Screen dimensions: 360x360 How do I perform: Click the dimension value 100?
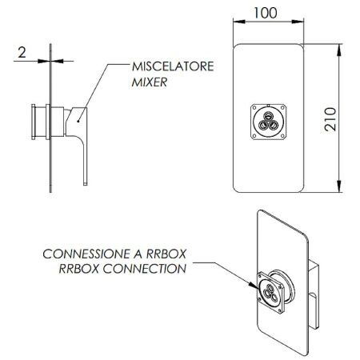pyautogui.click(x=266, y=13)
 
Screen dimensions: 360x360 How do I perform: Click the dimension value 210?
pyautogui.click(x=330, y=119)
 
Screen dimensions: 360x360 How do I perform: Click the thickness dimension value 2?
pyautogui.click(x=22, y=52)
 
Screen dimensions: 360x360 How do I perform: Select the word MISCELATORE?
pyautogui.click(x=173, y=66)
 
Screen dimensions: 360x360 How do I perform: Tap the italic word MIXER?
pyautogui.click(x=150, y=82)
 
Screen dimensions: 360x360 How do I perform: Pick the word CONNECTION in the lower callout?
pyautogui.click(x=145, y=269)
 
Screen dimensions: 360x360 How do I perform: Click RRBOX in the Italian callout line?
pyautogui.click(x=166, y=254)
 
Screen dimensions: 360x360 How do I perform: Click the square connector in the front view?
pyautogui.click(x=269, y=122)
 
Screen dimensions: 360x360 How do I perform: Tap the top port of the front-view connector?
pyautogui.click(x=268, y=116)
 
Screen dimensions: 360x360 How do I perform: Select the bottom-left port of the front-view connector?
pyautogui.click(x=264, y=125)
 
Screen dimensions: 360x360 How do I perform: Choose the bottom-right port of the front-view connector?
pyautogui.click(x=274, y=125)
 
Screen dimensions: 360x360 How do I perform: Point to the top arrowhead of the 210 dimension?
pyautogui.click(x=339, y=50)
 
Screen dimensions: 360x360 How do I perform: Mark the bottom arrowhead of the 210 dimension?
pyautogui.click(x=339, y=186)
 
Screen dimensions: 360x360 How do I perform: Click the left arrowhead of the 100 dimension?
pyautogui.click(x=239, y=22)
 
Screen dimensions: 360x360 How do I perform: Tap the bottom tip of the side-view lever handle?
pyautogui.click(x=86, y=185)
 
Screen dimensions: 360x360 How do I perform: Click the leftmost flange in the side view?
pyautogui.click(x=34, y=122)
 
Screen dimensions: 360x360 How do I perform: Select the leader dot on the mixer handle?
pyautogui.click(x=78, y=122)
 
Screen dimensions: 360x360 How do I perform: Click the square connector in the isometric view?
pyautogui.click(x=270, y=293)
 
